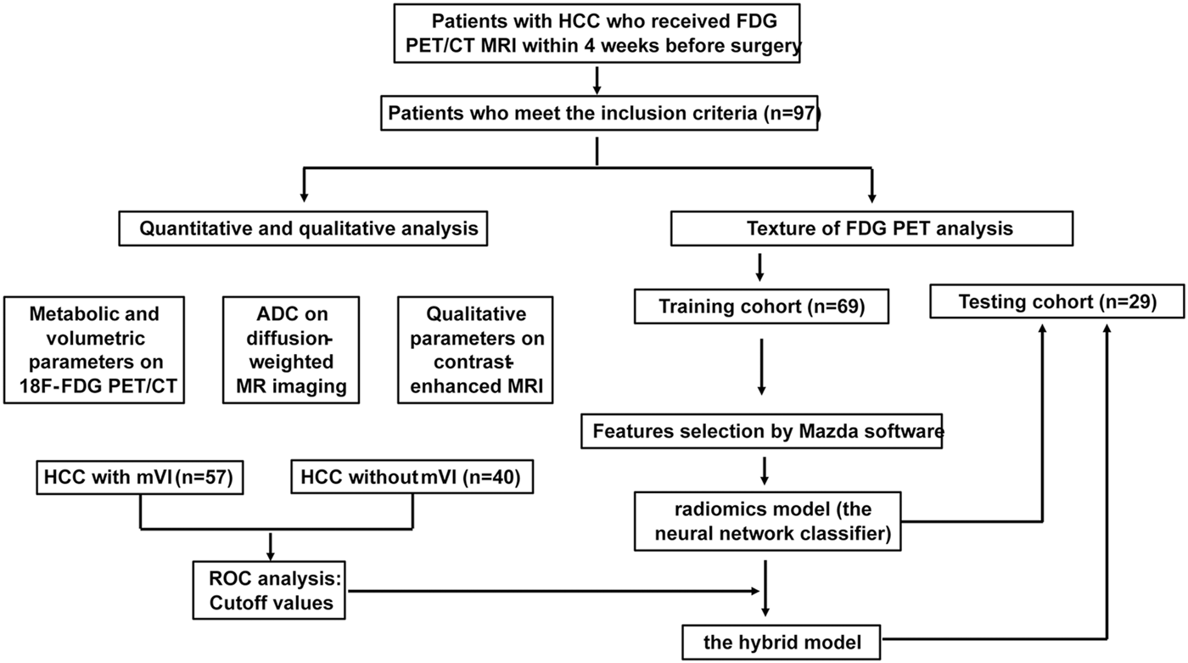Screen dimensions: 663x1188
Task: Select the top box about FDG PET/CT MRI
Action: (597, 34)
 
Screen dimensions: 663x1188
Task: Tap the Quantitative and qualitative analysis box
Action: (300, 228)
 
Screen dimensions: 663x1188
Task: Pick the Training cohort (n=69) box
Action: (761, 306)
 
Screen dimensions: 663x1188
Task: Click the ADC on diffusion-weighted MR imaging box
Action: (291, 349)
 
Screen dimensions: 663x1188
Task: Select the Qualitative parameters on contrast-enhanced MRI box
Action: (474, 349)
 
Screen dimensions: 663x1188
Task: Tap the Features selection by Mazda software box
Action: (765, 431)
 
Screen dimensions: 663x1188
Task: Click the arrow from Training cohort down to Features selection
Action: (761, 367)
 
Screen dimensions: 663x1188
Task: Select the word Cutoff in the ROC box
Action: (236, 603)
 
